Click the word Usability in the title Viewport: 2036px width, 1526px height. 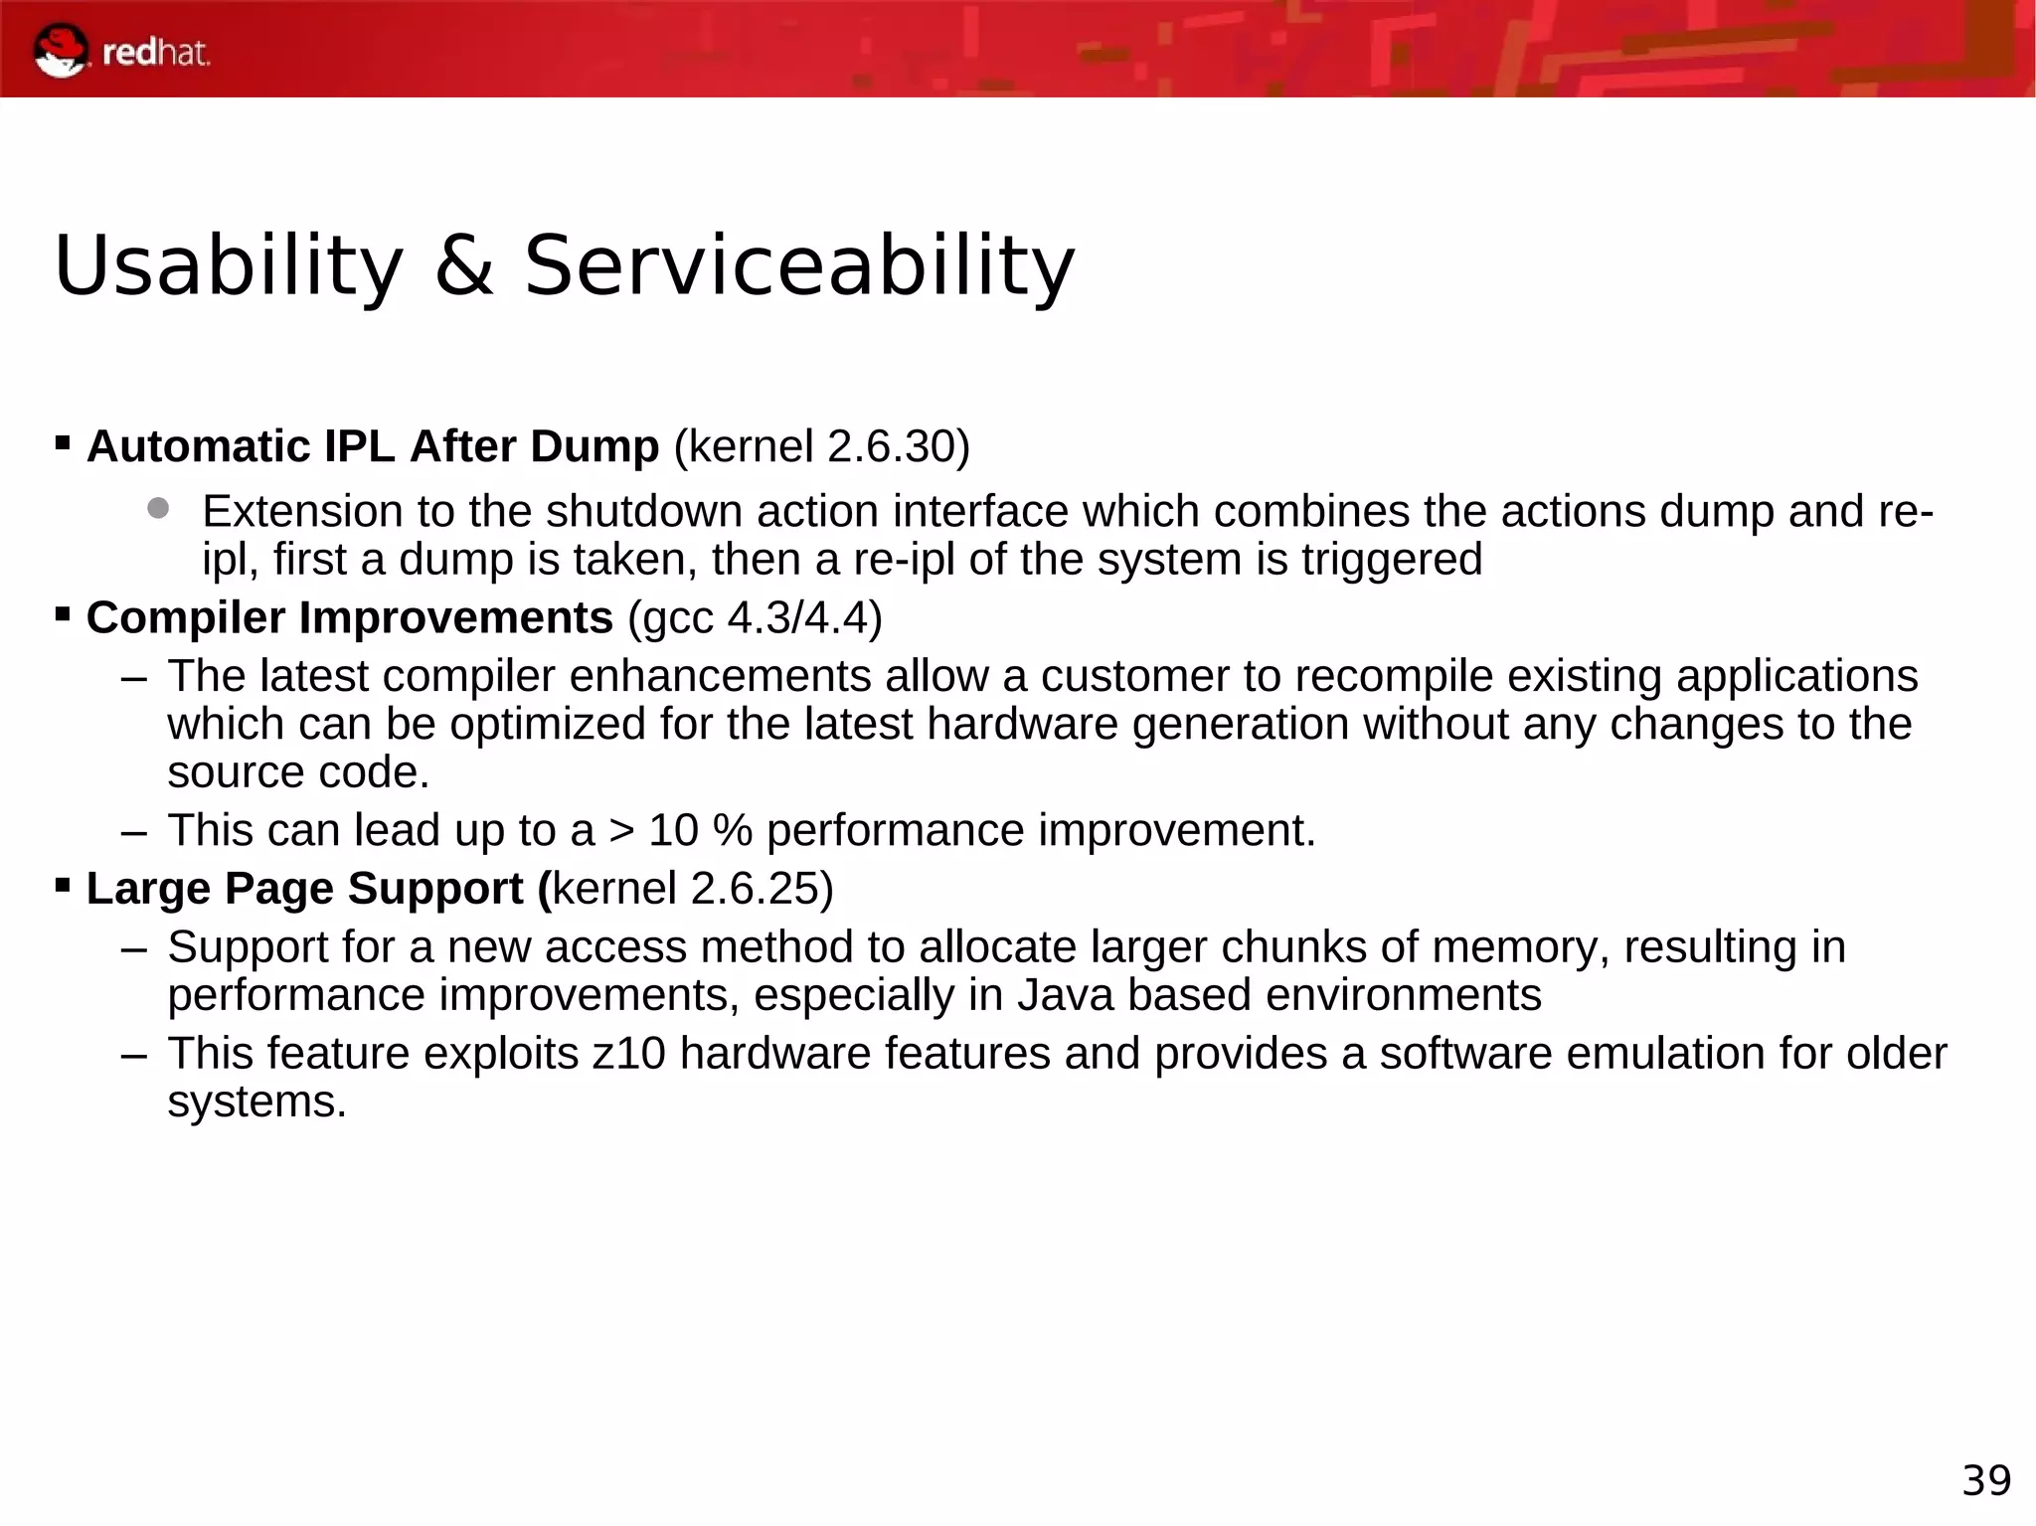(x=228, y=265)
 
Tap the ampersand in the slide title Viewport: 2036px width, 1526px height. (x=463, y=265)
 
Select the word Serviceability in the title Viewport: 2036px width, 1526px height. (x=798, y=265)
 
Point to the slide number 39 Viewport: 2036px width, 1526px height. (x=1986, y=1480)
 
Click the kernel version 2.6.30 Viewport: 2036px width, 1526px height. (x=891, y=446)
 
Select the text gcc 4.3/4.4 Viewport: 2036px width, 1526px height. (x=756, y=617)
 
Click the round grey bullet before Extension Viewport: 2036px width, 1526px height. (x=158, y=509)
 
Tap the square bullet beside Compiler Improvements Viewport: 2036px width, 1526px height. (x=63, y=613)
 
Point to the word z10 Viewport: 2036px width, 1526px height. (x=628, y=1054)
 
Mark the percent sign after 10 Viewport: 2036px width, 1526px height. (x=732, y=830)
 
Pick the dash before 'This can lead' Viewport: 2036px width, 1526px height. (x=133, y=831)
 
